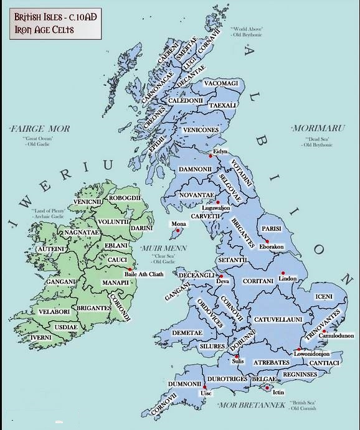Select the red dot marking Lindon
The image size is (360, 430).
tap(282, 273)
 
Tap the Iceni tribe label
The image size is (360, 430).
tap(324, 297)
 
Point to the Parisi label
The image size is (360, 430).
tap(273, 228)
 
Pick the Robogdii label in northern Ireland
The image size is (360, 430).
tap(126, 198)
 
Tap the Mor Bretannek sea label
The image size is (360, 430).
tap(250, 405)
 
